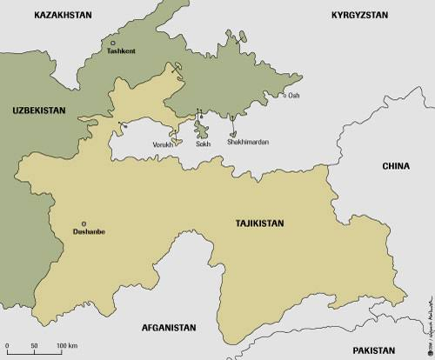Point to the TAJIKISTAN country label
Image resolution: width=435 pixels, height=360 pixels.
259,223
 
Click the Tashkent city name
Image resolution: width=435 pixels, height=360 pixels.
120,51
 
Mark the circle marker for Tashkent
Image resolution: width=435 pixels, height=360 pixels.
112,43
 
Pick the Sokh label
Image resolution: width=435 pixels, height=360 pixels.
204,143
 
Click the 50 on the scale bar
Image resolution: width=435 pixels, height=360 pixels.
34,347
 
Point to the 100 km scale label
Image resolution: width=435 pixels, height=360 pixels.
67,347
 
